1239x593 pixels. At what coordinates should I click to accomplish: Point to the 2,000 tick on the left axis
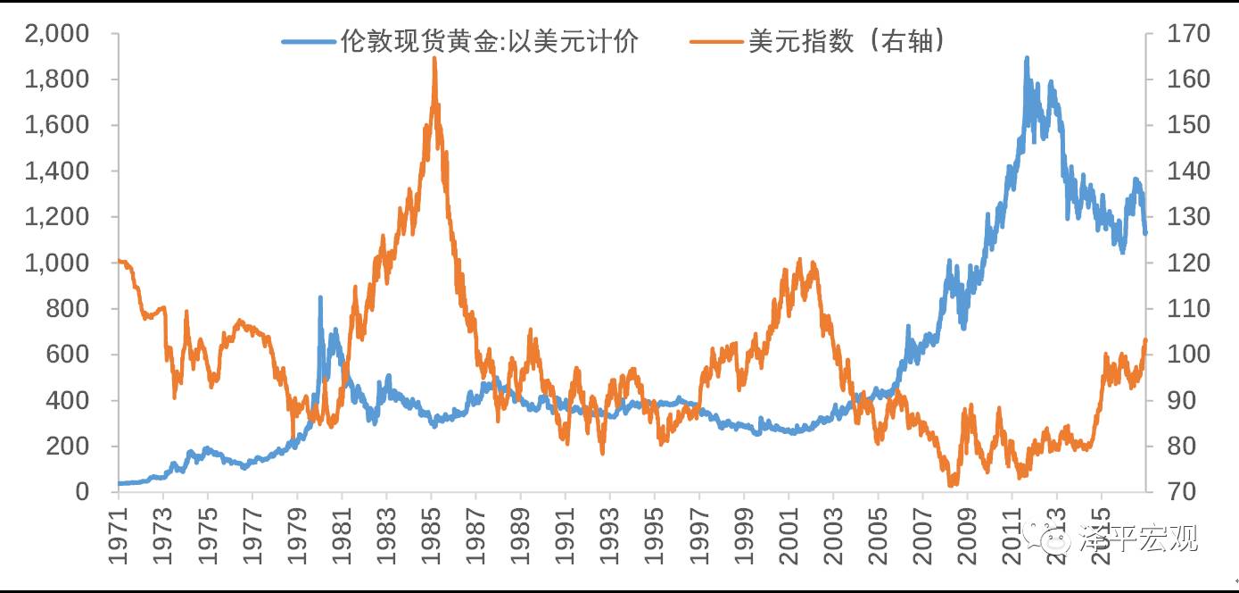tap(57, 34)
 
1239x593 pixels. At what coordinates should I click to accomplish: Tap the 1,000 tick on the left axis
tap(57, 263)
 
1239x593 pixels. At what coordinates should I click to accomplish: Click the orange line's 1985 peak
tap(434, 59)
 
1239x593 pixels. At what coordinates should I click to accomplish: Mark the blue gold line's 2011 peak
tap(1027, 58)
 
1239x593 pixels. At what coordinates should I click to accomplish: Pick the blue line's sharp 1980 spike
tap(320, 297)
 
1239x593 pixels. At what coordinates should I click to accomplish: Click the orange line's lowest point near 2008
tap(952, 485)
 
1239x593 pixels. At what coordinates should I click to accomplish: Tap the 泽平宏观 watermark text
tap(1151, 539)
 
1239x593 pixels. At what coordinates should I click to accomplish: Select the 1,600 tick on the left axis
tap(57, 125)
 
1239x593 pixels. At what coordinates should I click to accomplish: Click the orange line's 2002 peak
tap(799, 260)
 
